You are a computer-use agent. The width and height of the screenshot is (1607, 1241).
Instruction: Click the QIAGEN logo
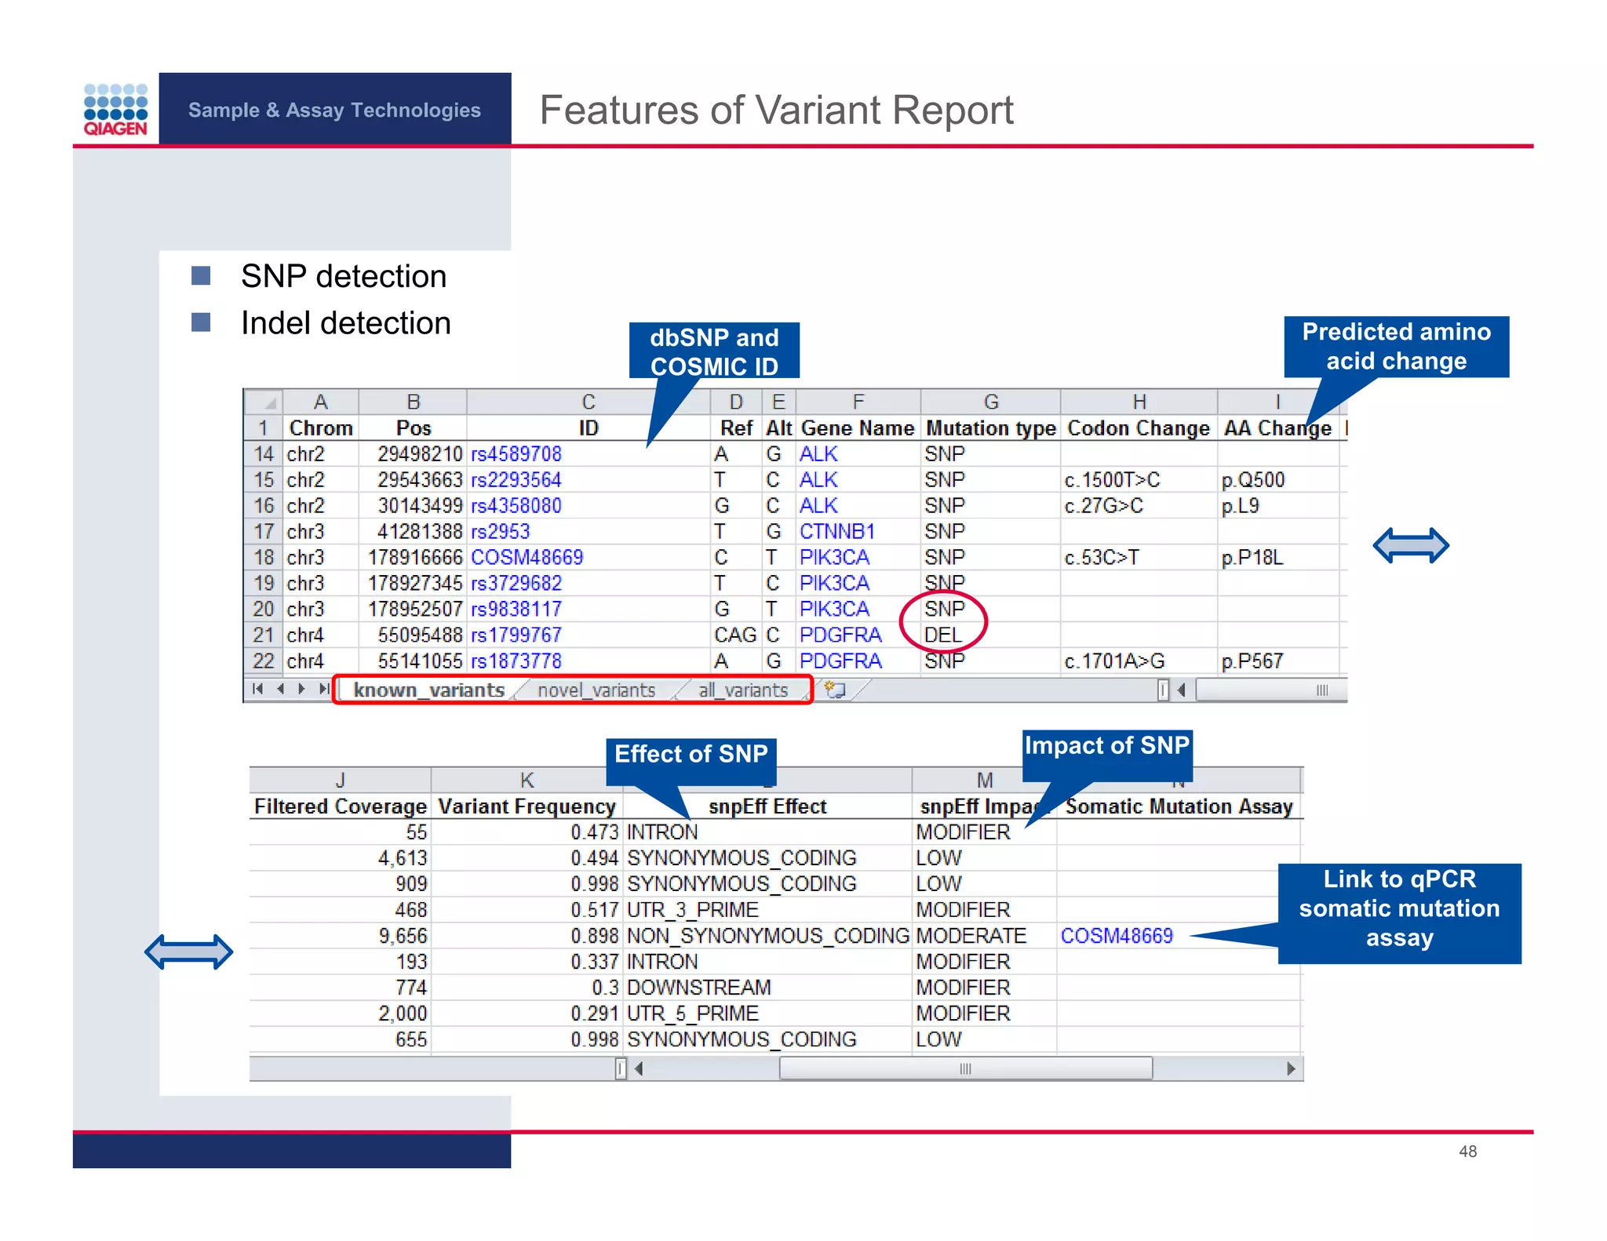click(115, 110)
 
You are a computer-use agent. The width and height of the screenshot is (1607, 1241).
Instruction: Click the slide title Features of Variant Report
click(776, 110)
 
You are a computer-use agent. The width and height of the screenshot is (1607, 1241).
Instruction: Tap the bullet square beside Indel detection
click(201, 322)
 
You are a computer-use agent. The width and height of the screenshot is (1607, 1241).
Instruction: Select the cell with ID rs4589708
click(516, 454)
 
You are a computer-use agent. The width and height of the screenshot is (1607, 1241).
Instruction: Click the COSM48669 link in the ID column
click(527, 558)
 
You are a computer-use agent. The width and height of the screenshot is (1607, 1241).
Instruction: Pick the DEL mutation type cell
click(942, 635)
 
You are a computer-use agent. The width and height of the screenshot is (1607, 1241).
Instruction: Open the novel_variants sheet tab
click(596, 690)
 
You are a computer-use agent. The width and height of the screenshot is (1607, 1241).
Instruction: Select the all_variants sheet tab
click(742, 690)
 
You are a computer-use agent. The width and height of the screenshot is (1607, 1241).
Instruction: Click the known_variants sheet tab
click(428, 690)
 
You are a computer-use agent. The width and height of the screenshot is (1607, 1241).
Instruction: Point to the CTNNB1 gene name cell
click(836, 532)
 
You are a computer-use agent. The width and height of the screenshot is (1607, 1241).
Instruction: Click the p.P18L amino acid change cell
click(1252, 558)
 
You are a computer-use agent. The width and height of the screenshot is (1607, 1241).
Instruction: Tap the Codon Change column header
click(1138, 428)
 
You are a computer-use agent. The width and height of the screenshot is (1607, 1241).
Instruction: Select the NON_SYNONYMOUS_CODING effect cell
click(767, 936)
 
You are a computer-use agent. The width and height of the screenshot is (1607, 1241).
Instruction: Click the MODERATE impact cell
click(971, 936)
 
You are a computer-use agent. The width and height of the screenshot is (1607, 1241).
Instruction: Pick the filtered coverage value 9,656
click(403, 936)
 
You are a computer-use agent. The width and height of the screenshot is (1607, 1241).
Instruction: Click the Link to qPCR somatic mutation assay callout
click(1399, 910)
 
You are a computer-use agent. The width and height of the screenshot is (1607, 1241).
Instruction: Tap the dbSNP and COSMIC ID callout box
click(714, 351)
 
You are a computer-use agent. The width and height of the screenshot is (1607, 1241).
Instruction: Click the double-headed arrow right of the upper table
click(1410, 546)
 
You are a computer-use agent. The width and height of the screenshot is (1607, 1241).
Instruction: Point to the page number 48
click(1467, 1152)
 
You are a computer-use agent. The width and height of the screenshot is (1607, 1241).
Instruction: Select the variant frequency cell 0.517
click(594, 910)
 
